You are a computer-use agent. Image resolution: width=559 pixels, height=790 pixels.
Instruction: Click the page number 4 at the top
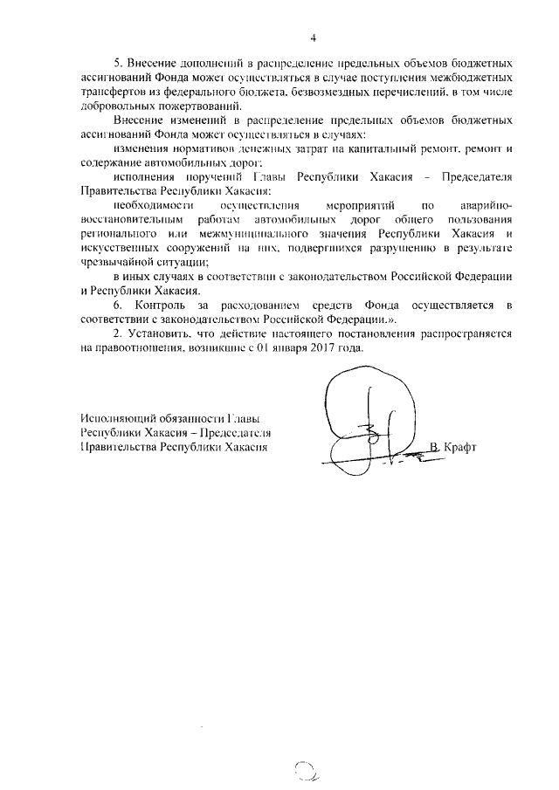coord(312,38)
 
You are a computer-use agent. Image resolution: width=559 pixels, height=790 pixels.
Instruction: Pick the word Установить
coord(159,334)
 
